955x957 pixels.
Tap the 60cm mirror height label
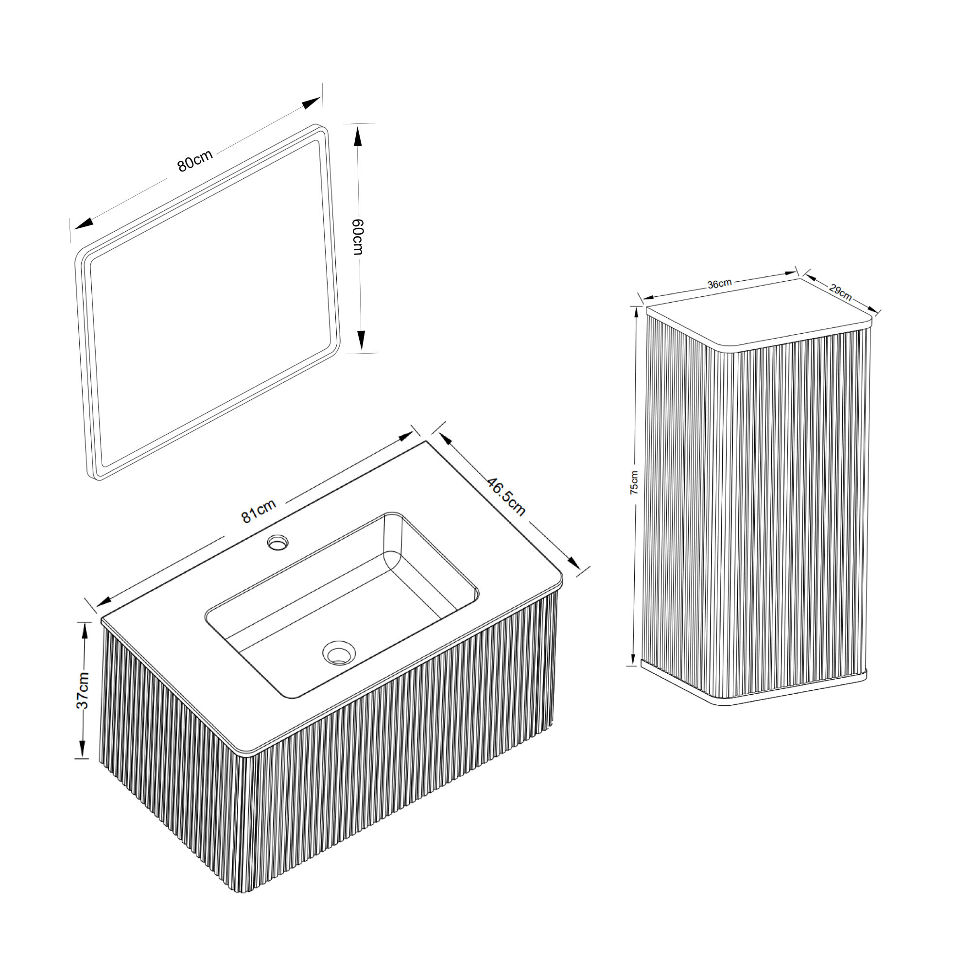click(x=358, y=237)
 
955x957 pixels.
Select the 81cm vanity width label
click(x=258, y=511)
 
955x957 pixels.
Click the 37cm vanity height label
click(x=83, y=691)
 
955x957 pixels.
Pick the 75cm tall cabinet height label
click(x=634, y=482)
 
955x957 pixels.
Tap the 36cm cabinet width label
click(x=719, y=284)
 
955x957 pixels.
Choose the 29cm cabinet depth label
click(x=840, y=292)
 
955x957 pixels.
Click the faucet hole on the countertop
click(x=278, y=543)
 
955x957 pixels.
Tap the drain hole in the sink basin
click(x=339, y=652)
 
